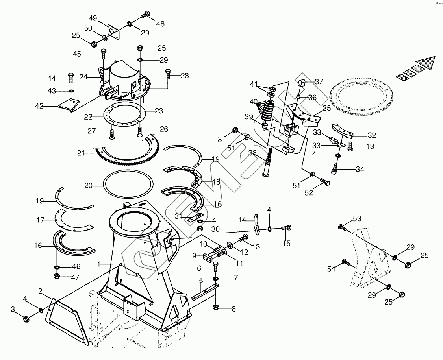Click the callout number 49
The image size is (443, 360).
tap(93, 18)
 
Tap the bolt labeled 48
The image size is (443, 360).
tap(145, 15)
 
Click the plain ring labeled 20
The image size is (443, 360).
tap(128, 184)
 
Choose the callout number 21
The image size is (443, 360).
tap(81, 153)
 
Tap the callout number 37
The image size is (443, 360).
tap(319, 82)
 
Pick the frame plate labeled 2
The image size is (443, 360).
tap(67, 321)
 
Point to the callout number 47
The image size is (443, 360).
tap(75, 277)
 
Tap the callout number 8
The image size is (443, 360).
tap(234, 309)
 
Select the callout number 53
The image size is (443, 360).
tap(356, 218)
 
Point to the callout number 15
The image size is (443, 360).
tap(286, 244)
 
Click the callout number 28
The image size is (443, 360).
tap(184, 75)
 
